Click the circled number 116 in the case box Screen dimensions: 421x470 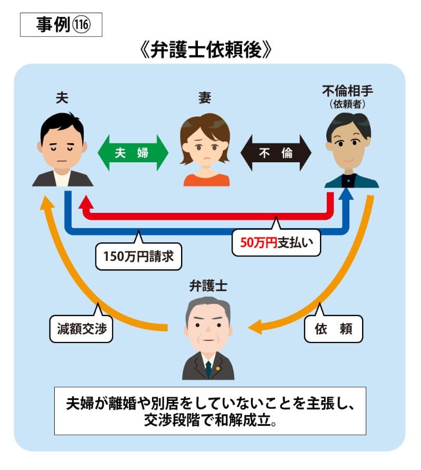pos(81,24)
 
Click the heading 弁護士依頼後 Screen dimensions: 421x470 pos(205,50)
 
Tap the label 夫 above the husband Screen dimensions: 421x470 pos(62,97)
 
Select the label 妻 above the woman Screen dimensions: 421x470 pos(205,97)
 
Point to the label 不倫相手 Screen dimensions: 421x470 pos(347,91)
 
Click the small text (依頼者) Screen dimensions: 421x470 pos(347,104)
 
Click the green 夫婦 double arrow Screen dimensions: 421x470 pos(133,153)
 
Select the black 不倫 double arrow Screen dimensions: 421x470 pos(276,153)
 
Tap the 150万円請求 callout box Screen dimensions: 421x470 pos(138,256)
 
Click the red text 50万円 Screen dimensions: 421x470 pos(259,242)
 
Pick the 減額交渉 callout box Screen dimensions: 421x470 pos(81,328)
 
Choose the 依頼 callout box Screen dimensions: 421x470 pos(333,328)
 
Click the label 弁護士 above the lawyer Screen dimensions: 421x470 pos(208,286)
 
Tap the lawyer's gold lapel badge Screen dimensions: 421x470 pos(218,368)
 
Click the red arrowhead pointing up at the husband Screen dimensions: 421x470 pos(86,202)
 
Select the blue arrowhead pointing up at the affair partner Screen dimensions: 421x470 pos(346,193)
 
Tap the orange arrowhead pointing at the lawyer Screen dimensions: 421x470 pos(255,327)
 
